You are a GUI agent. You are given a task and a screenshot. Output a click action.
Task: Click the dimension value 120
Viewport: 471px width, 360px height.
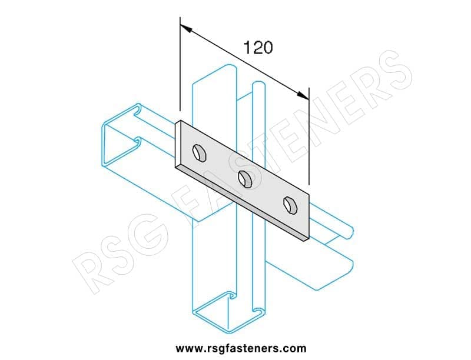tap(258, 48)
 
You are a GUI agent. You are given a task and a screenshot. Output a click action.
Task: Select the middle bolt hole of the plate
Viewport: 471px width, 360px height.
tap(245, 179)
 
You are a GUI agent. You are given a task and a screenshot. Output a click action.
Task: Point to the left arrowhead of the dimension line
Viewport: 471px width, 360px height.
tap(186, 28)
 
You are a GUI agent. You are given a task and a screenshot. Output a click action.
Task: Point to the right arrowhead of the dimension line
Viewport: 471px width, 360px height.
tap(303, 95)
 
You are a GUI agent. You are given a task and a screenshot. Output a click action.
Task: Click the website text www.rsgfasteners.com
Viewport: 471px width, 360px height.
tap(241, 349)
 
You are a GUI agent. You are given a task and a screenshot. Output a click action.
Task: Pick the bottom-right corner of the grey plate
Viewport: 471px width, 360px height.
tap(309, 236)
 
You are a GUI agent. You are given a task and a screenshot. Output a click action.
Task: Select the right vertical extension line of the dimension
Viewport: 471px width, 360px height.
tap(309, 136)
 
